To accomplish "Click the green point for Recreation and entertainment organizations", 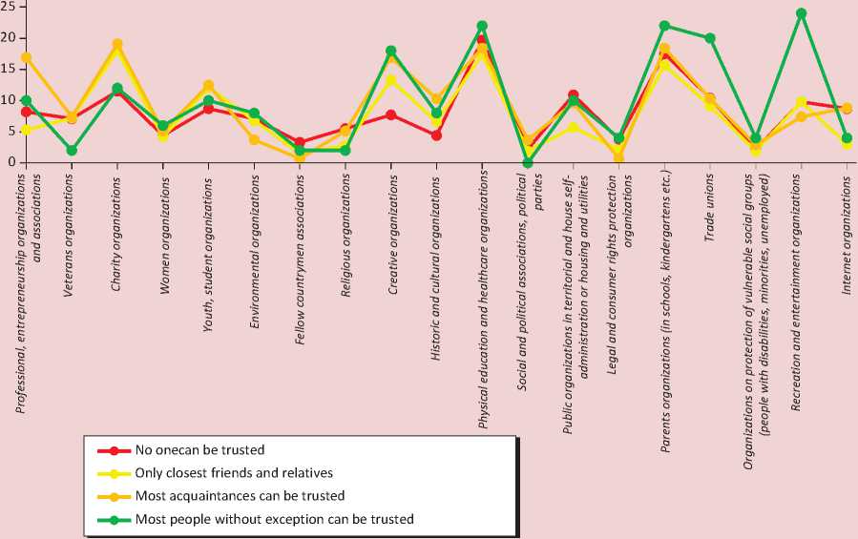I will tap(801, 13).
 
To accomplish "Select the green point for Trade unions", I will tap(709, 38).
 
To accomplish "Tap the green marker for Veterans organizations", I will tap(72, 150).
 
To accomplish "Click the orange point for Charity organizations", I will tap(117, 44).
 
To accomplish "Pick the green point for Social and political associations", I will tap(528, 162).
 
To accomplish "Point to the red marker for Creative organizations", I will tap(390, 114).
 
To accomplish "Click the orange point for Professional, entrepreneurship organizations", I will tap(27, 57).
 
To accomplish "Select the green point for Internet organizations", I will tap(847, 137).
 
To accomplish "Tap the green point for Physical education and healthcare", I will tap(482, 26).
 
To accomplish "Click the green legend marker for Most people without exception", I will tap(114, 520).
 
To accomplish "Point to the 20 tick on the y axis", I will tap(8, 37).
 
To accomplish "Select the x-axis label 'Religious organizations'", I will tap(345, 219).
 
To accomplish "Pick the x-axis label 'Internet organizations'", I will tap(847, 221).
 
